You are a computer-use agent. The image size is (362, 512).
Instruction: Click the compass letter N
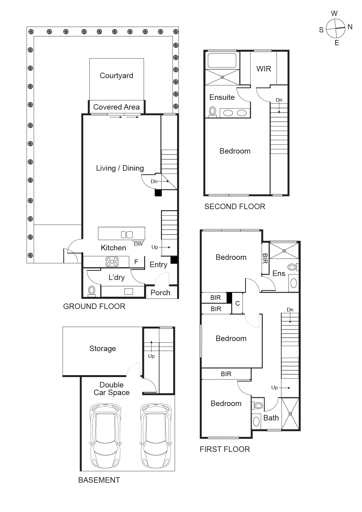tap(350, 27)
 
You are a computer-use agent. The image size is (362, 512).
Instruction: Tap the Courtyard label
tap(116, 76)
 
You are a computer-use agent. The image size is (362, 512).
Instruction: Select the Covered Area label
tap(116, 107)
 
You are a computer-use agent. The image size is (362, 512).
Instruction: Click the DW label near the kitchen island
tap(138, 244)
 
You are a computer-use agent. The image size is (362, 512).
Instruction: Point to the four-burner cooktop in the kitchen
tap(112, 262)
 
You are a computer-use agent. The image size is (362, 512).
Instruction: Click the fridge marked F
tap(136, 262)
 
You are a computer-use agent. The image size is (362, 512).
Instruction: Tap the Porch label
tap(160, 293)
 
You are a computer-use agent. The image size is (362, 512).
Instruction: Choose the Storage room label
tap(103, 349)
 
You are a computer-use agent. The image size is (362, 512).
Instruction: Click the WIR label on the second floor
tap(264, 69)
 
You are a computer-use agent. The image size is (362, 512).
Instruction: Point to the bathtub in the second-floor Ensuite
tap(222, 61)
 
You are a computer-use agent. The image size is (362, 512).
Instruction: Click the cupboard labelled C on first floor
tap(237, 303)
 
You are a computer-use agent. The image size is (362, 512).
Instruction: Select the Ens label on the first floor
tap(279, 274)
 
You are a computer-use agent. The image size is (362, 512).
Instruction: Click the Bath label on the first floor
tap(271, 418)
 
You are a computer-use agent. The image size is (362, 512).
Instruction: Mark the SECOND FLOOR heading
tap(235, 207)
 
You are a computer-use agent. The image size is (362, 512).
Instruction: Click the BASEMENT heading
tap(99, 480)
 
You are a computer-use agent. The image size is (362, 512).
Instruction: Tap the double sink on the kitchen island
tap(127, 234)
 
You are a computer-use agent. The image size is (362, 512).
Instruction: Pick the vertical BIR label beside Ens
tap(265, 258)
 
